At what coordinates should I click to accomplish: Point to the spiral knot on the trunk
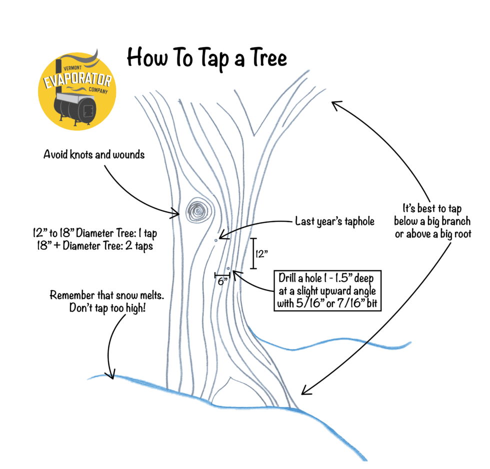[x=199, y=211]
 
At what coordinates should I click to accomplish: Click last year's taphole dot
[x=215, y=240]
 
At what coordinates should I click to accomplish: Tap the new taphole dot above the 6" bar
[x=227, y=269]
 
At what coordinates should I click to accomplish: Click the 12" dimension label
[x=261, y=254]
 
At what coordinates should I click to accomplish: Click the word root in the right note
[x=461, y=233]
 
